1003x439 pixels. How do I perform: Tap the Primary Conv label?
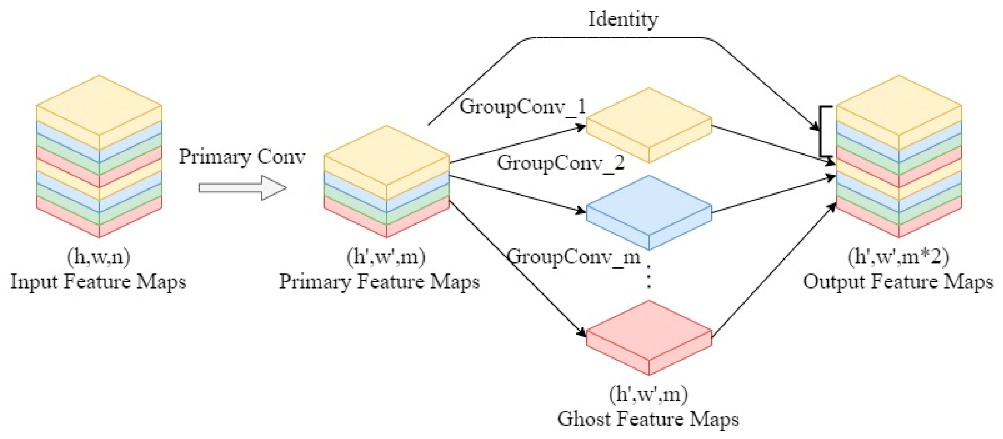[x=242, y=157]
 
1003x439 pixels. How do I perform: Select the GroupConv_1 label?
[x=522, y=106]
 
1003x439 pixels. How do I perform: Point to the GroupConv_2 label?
[x=560, y=163]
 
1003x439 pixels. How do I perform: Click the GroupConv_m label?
[x=574, y=257]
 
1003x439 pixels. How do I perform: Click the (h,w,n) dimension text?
[x=99, y=257]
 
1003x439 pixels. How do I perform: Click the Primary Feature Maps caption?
[x=379, y=281]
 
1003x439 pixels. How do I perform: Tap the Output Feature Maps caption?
[x=898, y=281]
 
